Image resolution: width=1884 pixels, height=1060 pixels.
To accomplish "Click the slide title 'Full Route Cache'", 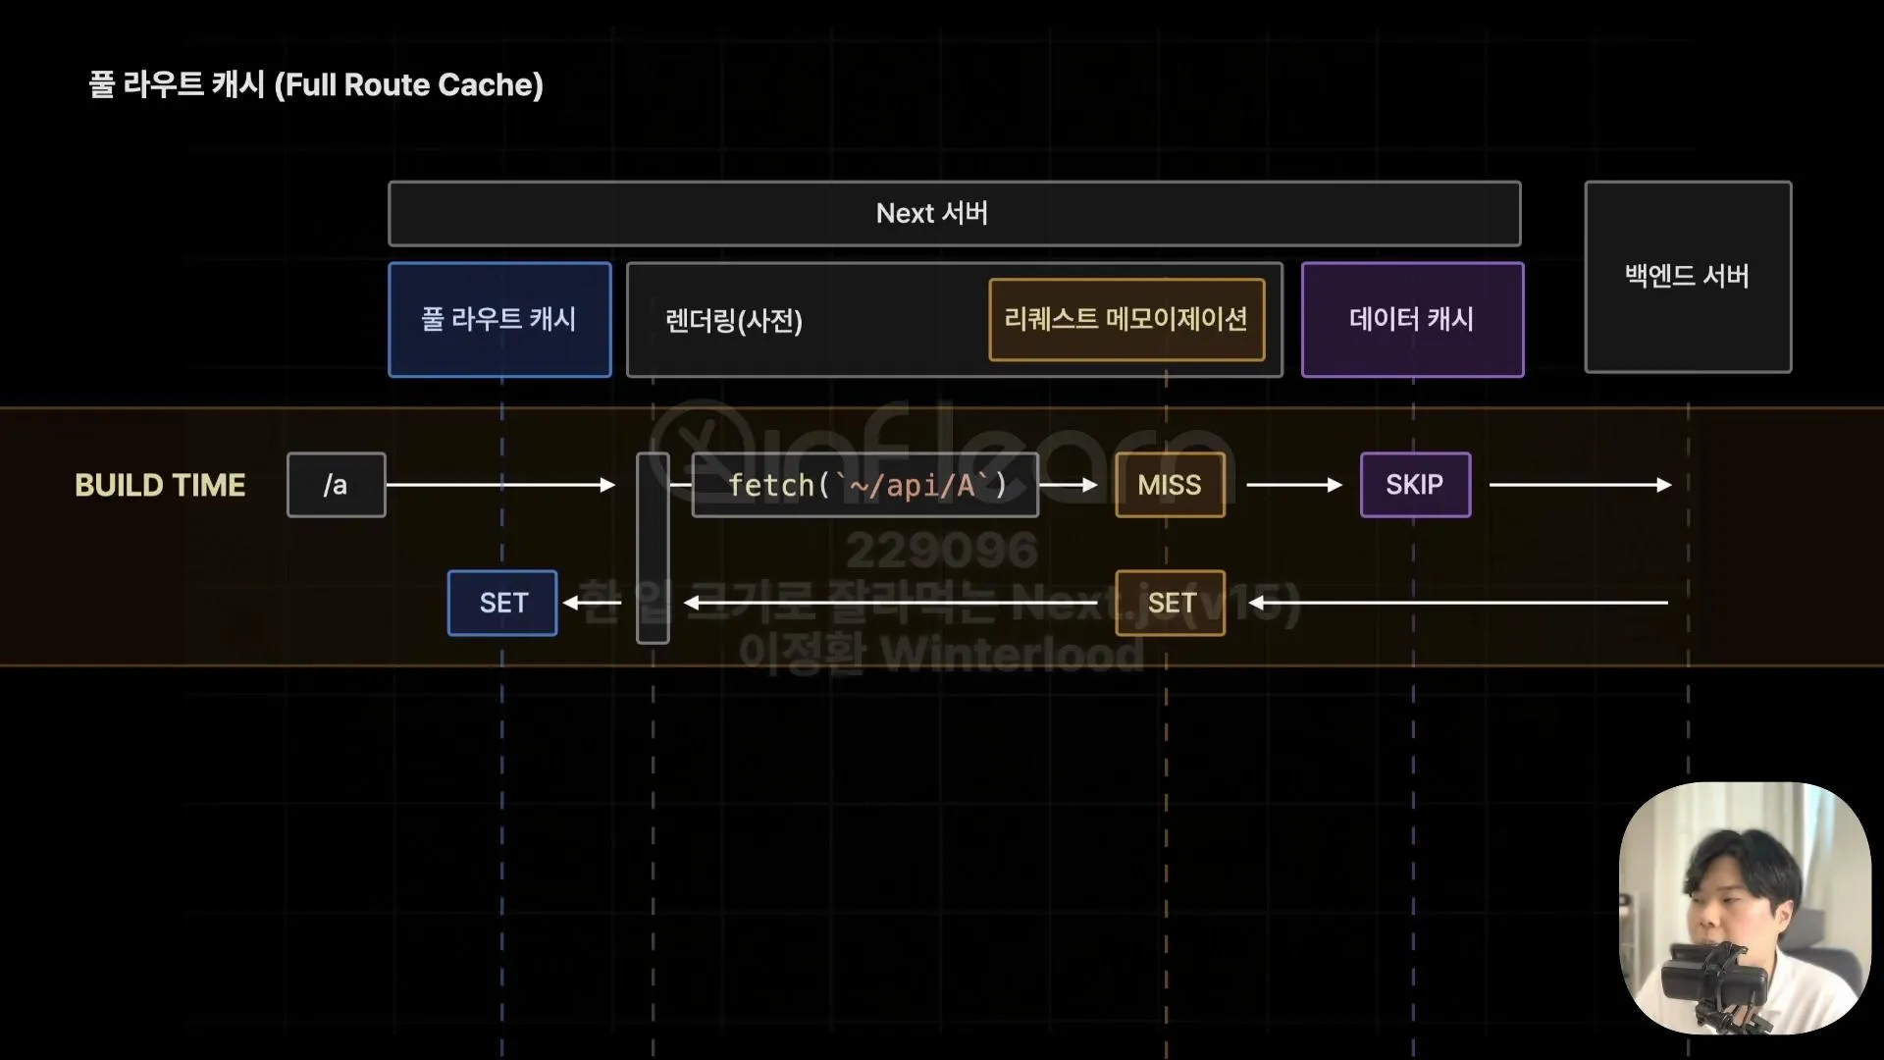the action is pos(316,85).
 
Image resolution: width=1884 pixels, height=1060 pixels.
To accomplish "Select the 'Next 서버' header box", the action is pos(954,213).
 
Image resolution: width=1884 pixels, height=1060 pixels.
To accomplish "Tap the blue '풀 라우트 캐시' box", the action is pos(499,319).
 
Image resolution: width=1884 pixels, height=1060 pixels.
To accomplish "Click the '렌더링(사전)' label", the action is pos(734,321).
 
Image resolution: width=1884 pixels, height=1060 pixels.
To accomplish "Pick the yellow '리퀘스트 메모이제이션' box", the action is pos(1126,319).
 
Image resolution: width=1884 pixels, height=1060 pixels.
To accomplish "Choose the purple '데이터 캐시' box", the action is pos(1412,319).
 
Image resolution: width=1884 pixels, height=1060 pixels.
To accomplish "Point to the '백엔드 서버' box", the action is pos(1688,277).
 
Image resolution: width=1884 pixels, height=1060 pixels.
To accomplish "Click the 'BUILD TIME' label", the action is pos(160,485).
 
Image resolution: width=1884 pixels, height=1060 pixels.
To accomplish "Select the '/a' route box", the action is pos(336,485).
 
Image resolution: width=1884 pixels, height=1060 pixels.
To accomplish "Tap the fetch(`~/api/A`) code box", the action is pos(864,485).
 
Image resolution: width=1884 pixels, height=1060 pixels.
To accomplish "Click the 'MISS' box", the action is pos(1170,485).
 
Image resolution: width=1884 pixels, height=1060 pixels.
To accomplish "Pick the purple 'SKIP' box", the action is pos(1415,485).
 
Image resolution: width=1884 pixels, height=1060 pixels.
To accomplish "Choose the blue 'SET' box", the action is pos(502,603).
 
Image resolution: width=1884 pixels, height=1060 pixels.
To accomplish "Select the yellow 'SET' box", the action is pos(1171,603).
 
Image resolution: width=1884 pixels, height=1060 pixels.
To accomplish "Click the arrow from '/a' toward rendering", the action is pos(500,485).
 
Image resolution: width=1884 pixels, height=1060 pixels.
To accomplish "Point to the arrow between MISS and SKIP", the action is pos(1293,485).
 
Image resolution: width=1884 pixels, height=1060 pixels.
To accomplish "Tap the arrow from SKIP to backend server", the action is pos(1580,485).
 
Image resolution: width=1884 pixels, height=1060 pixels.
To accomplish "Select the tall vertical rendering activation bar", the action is pos(653,548).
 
